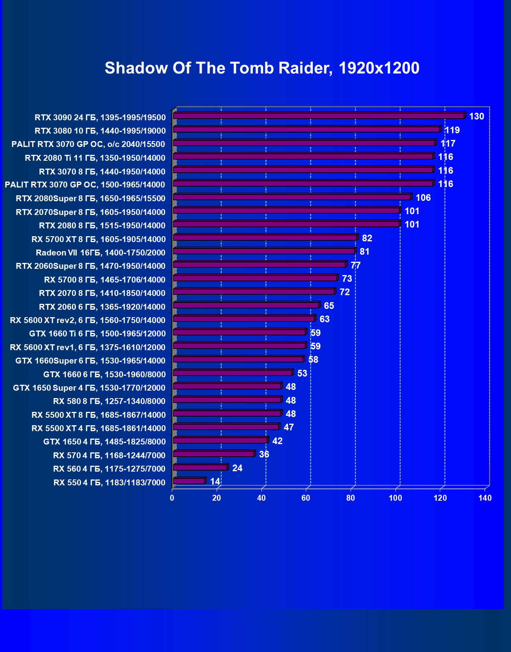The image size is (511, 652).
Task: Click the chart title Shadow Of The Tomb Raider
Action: pyautogui.click(x=262, y=68)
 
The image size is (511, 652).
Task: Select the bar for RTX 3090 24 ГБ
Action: pyautogui.click(x=318, y=116)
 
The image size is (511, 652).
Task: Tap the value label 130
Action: pyautogui.click(x=476, y=116)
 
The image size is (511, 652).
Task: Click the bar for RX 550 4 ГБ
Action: pyautogui.click(x=189, y=481)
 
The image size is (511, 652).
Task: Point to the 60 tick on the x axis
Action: pyautogui.click(x=306, y=498)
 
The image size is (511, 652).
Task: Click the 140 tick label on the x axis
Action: pyautogui.click(x=485, y=498)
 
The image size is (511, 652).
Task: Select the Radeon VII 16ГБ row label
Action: pyautogui.click(x=100, y=253)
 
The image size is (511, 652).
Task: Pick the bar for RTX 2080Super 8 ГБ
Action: pyautogui.click(x=292, y=197)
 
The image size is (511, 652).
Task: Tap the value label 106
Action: pyautogui.click(x=423, y=198)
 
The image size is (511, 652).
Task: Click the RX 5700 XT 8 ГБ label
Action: pyautogui.click(x=98, y=239)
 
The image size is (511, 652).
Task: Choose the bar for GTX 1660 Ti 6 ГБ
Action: pyautogui.click(x=239, y=332)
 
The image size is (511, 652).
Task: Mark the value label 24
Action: pyautogui.click(x=237, y=468)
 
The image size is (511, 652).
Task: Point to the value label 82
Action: pyautogui.click(x=367, y=238)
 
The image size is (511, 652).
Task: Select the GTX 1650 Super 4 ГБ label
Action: pyautogui.click(x=89, y=388)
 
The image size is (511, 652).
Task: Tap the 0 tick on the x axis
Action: pyautogui.click(x=172, y=498)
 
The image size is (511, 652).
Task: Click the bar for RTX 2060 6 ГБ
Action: pyautogui.click(x=246, y=305)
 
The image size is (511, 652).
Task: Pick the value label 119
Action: pyautogui.click(x=452, y=130)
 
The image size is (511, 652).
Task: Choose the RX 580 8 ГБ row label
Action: pyautogui.click(x=109, y=401)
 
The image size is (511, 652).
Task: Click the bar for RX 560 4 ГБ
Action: pyautogui.click(x=200, y=467)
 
